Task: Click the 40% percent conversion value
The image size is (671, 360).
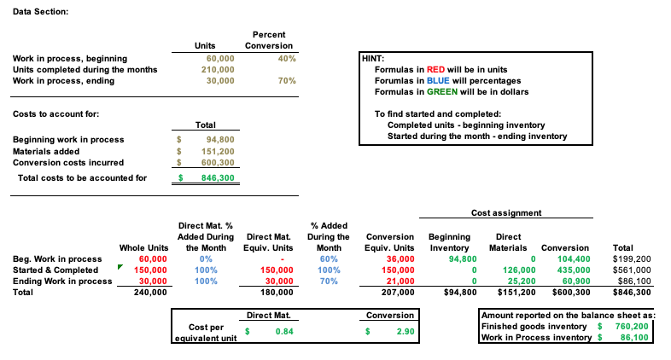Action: (286, 58)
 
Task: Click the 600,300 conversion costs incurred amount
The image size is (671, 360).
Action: (217, 162)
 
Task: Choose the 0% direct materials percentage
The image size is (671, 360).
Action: (205, 258)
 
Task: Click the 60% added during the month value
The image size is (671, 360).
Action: (328, 258)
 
